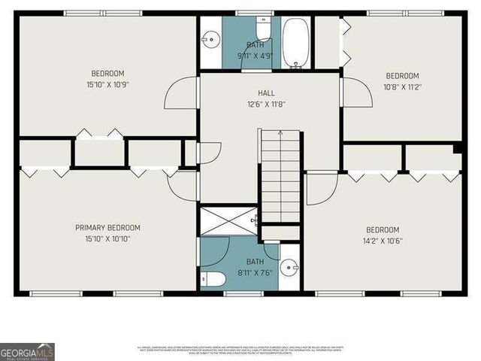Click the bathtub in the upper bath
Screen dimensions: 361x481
[x=295, y=42]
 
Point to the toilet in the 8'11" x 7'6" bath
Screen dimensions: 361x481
[x=212, y=280]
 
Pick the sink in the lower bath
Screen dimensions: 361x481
[x=289, y=267]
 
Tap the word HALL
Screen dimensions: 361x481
[x=266, y=93]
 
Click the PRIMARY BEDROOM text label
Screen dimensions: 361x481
[x=107, y=228]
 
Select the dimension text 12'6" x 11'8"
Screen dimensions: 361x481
[x=266, y=105]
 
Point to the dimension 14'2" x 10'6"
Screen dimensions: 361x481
[x=383, y=241]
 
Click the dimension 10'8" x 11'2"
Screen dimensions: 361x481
[x=402, y=87]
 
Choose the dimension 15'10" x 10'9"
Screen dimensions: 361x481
[x=107, y=85]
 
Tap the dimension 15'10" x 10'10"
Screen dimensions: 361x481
[x=107, y=239]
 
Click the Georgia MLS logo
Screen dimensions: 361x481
[x=28, y=351]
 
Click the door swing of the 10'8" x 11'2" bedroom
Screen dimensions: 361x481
[x=355, y=92]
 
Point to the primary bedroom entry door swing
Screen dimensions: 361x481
[x=183, y=185]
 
